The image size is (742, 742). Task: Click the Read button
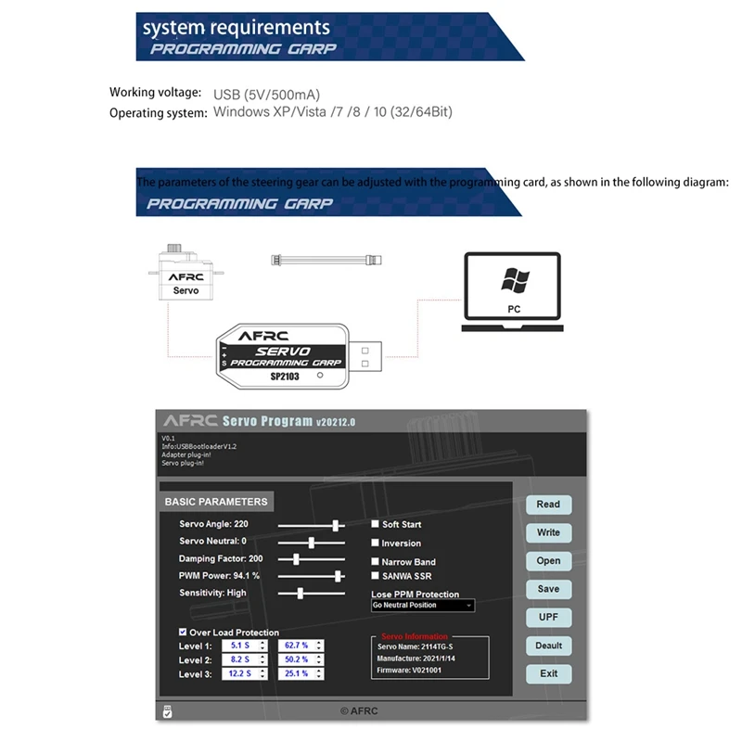[x=548, y=505]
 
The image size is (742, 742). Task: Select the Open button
[x=548, y=561]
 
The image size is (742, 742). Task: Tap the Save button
[x=548, y=589]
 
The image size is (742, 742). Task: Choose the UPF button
[x=548, y=617]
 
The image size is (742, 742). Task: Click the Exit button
[x=548, y=673]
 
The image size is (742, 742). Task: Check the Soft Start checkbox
[x=376, y=524]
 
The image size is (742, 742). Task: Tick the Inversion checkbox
[x=376, y=543]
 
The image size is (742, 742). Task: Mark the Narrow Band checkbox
[x=376, y=561]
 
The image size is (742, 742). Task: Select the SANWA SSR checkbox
[x=376, y=576]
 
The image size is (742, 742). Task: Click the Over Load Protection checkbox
[x=183, y=633]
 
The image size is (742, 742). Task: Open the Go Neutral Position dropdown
[x=422, y=606]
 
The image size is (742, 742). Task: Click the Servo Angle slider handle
[x=336, y=525]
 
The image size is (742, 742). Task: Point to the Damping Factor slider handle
[x=296, y=559]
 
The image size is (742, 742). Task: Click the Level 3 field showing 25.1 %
[x=301, y=674]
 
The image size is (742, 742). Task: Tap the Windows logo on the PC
[x=513, y=279]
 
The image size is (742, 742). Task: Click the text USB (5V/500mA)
[x=267, y=94]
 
